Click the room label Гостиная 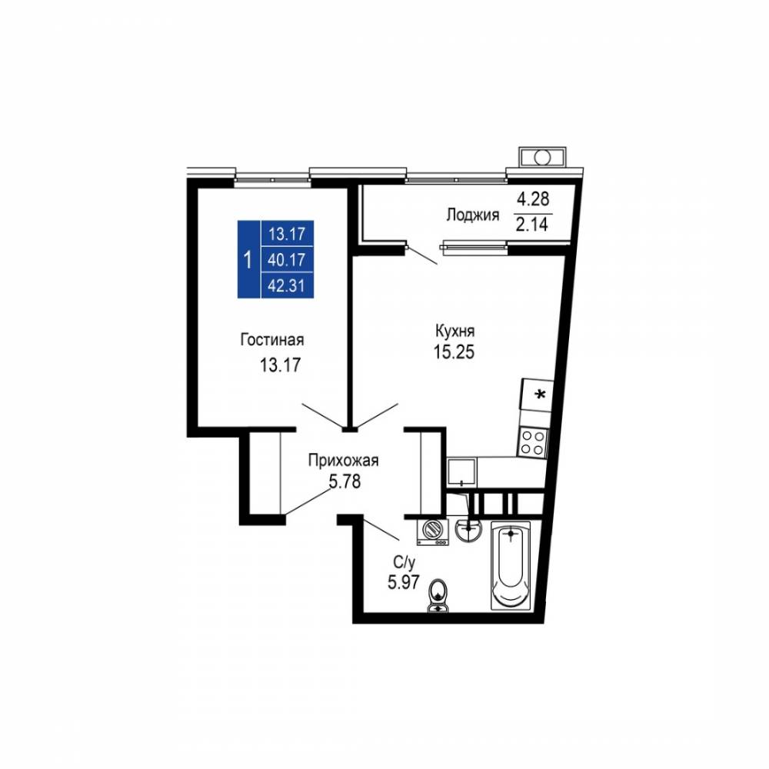point(271,339)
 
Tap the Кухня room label point(454,331)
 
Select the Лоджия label point(472,215)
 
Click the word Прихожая point(343,461)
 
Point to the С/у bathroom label point(404,562)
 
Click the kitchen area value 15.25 point(454,352)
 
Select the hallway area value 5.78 point(345,481)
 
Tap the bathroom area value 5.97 point(404,582)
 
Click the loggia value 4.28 point(534,198)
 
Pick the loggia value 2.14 point(532,225)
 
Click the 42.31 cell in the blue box point(287,285)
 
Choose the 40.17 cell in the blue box point(287,259)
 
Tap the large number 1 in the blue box point(248,259)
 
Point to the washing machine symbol point(432,531)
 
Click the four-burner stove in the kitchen point(533,442)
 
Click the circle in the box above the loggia point(542,158)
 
